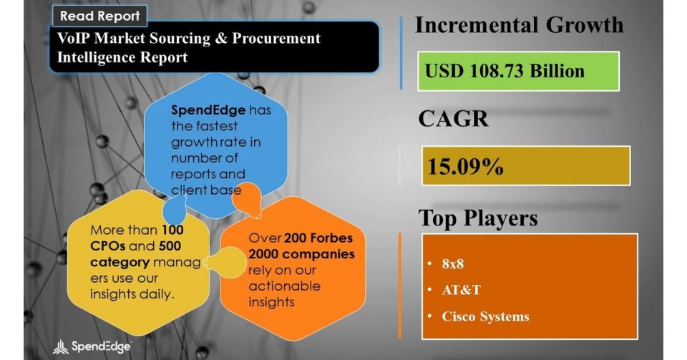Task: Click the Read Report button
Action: [x=99, y=16]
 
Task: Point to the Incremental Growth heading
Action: [x=519, y=25]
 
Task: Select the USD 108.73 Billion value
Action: [x=505, y=71]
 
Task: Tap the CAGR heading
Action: [x=453, y=118]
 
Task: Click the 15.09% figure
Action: [x=465, y=167]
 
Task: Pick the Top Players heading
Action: [x=478, y=218]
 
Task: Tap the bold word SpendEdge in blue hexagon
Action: [x=208, y=110]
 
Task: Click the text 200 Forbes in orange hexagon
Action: [x=318, y=238]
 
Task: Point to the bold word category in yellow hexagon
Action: [x=120, y=262]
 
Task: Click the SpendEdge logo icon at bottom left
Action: [x=60, y=347]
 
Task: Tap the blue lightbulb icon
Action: [x=175, y=210]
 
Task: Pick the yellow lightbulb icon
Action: [x=226, y=262]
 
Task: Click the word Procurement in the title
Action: [x=276, y=38]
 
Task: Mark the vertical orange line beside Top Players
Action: [x=399, y=286]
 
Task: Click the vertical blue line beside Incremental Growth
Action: [x=401, y=53]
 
